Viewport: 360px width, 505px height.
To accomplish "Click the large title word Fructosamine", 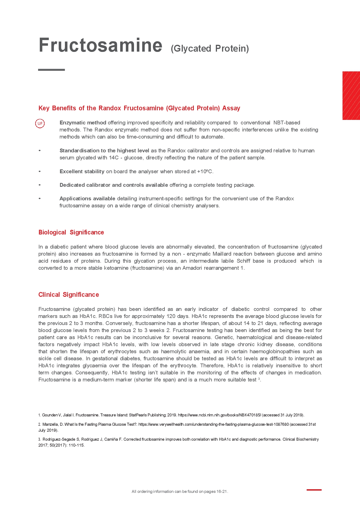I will pos(100,45).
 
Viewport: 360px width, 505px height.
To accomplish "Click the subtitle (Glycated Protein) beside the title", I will pos(210,49).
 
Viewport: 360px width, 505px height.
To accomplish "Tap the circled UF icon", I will pos(40,124).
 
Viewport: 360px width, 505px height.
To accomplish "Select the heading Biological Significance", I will pos(71,232).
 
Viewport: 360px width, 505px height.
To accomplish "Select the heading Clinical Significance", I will pos(69,295).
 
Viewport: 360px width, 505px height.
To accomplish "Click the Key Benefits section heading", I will pos(139,108).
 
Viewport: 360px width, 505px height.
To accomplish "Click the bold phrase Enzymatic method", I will pos(83,123).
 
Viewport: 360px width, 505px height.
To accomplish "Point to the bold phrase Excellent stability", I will pos(82,172).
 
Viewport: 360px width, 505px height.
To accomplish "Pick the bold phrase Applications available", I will pos(87,199).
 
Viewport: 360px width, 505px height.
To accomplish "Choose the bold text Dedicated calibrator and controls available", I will pos(113,185).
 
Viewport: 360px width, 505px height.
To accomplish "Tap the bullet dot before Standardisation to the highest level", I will pos(40,151).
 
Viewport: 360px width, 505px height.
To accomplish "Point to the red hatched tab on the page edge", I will pos(351,96).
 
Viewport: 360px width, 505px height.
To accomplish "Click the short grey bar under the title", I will pos(51,70).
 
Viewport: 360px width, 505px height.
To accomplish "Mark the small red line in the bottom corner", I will pos(314,490).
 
